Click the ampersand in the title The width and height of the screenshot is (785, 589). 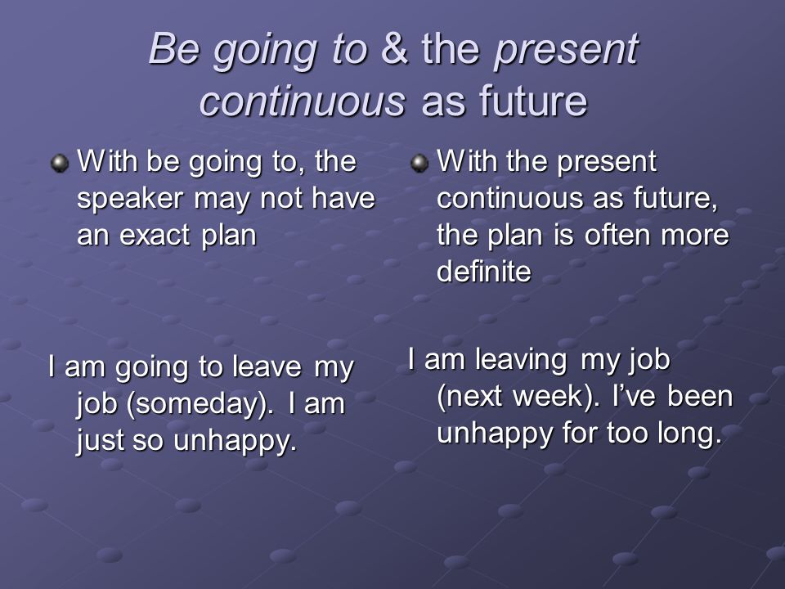click(394, 48)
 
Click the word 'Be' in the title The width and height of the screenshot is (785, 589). click(173, 48)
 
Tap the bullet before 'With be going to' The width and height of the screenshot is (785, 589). click(60, 163)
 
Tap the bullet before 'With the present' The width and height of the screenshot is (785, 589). click(419, 163)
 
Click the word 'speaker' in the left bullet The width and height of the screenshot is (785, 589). click(130, 200)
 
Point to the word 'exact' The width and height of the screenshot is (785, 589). click(155, 235)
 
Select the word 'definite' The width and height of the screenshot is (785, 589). click(483, 271)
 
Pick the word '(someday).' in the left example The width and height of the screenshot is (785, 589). click(200, 403)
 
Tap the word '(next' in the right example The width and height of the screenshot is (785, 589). click(470, 396)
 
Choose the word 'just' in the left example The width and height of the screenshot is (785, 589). click(100, 441)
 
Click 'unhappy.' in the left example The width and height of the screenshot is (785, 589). click(235, 441)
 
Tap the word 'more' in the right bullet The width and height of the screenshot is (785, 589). click(695, 236)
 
